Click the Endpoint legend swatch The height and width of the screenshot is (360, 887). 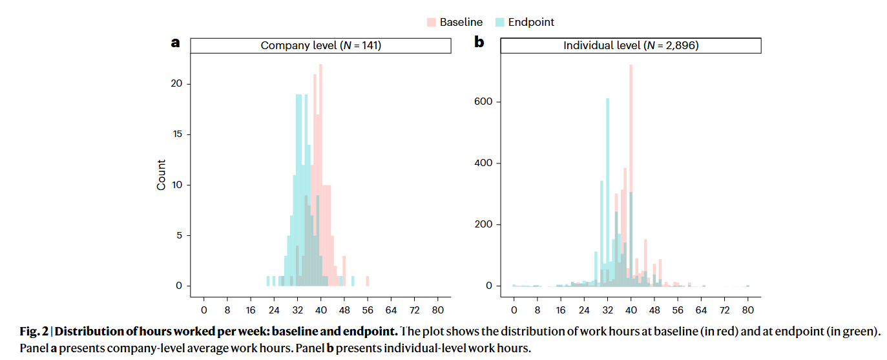(x=500, y=22)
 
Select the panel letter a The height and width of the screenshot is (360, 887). (x=175, y=43)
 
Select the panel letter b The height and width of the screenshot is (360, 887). (x=479, y=43)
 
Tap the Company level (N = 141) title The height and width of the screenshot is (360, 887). (x=320, y=46)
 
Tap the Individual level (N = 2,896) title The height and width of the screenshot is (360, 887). (x=631, y=46)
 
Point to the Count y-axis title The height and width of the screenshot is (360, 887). (x=162, y=175)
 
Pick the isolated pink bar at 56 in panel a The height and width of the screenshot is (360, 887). (x=368, y=281)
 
